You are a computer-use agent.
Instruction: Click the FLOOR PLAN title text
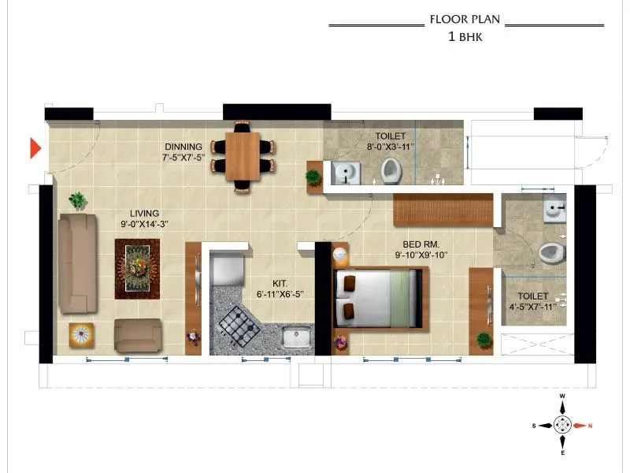[465, 20]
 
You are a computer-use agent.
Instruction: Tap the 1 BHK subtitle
[465, 35]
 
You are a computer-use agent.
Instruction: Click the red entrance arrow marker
[35, 148]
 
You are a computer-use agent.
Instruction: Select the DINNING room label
[183, 147]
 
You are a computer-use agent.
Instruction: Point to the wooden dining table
[243, 155]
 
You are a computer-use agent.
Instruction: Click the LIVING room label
[145, 213]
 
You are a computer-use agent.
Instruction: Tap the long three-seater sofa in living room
[76, 263]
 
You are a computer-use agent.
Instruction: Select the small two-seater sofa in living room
[138, 335]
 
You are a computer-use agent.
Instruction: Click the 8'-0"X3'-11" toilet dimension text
[391, 147]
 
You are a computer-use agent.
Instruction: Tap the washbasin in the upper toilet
[345, 172]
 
